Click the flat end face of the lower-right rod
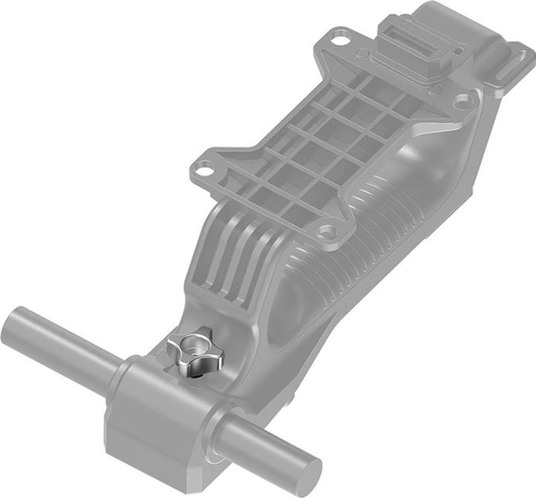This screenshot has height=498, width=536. coord(306,471)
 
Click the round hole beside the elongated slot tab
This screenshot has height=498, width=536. coord(463,98)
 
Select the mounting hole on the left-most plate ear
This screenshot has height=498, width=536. coord(200,170)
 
